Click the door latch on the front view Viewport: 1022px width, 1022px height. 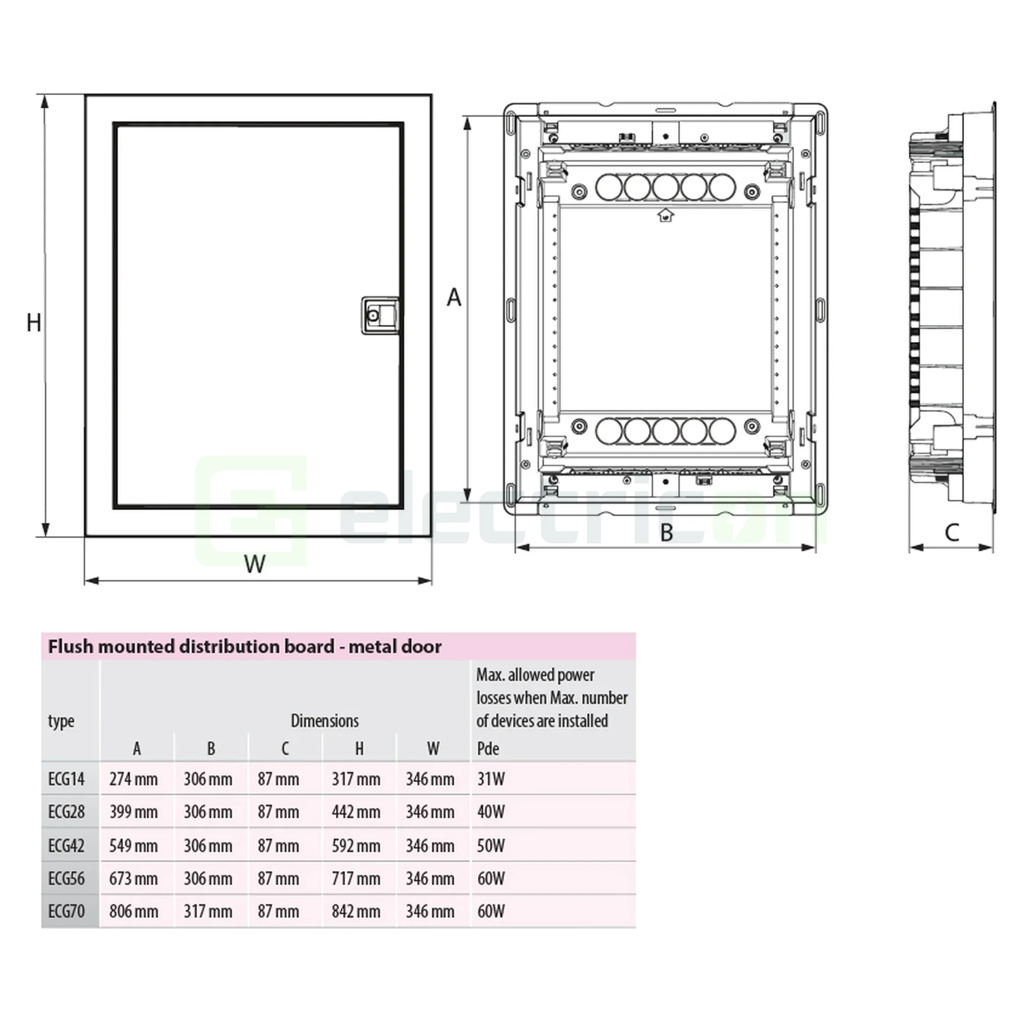[x=379, y=315]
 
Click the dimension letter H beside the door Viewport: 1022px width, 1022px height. [x=34, y=322]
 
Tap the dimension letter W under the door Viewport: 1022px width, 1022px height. [x=254, y=564]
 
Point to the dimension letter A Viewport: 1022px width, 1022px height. [x=454, y=298]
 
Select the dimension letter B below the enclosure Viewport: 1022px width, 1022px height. [x=666, y=532]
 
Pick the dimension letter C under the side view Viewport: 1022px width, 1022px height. [x=951, y=532]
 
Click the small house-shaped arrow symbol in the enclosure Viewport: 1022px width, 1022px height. [x=665, y=215]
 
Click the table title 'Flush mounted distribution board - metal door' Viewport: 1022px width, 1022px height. [x=244, y=646]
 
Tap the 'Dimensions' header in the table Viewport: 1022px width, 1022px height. [x=324, y=721]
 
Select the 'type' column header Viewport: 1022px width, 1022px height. [x=61, y=721]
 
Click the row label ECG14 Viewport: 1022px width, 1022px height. [x=66, y=779]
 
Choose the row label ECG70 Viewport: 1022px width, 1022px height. [x=66, y=912]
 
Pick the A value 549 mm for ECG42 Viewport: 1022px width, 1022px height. [x=133, y=846]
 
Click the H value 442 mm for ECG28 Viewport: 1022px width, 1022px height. [x=356, y=812]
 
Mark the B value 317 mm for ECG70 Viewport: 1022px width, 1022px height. [x=208, y=912]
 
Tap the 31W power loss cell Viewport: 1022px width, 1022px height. [x=491, y=779]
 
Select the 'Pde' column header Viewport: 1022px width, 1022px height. [x=487, y=749]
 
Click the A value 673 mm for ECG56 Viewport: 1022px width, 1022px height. [x=133, y=878]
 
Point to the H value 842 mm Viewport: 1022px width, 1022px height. [x=356, y=912]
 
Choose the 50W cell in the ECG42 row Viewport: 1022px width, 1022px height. [x=491, y=846]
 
